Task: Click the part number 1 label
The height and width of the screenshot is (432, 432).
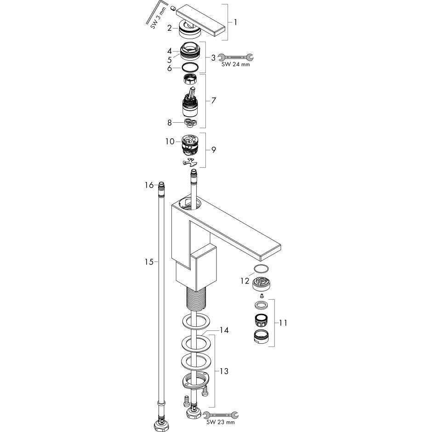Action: coord(235,22)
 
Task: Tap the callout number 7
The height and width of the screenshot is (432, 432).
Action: coord(213,100)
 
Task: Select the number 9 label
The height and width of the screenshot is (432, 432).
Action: coord(213,150)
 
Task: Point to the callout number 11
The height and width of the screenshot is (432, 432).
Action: coord(283,323)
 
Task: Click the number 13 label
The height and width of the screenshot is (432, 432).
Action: coord(224,371)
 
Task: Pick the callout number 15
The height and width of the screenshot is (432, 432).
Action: coord(148,262)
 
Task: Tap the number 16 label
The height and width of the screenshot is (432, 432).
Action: coord(148,185)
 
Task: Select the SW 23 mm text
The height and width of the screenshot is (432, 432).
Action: coord(223,422)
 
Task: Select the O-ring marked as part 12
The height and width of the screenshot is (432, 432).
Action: coord(261,269)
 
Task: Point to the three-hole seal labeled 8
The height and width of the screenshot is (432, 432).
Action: coord(191,122)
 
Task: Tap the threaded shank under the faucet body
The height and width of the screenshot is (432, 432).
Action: coord(196,299)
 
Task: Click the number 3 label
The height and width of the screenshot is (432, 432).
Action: coord(213,58)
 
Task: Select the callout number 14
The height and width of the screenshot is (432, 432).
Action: coord(224,330)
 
